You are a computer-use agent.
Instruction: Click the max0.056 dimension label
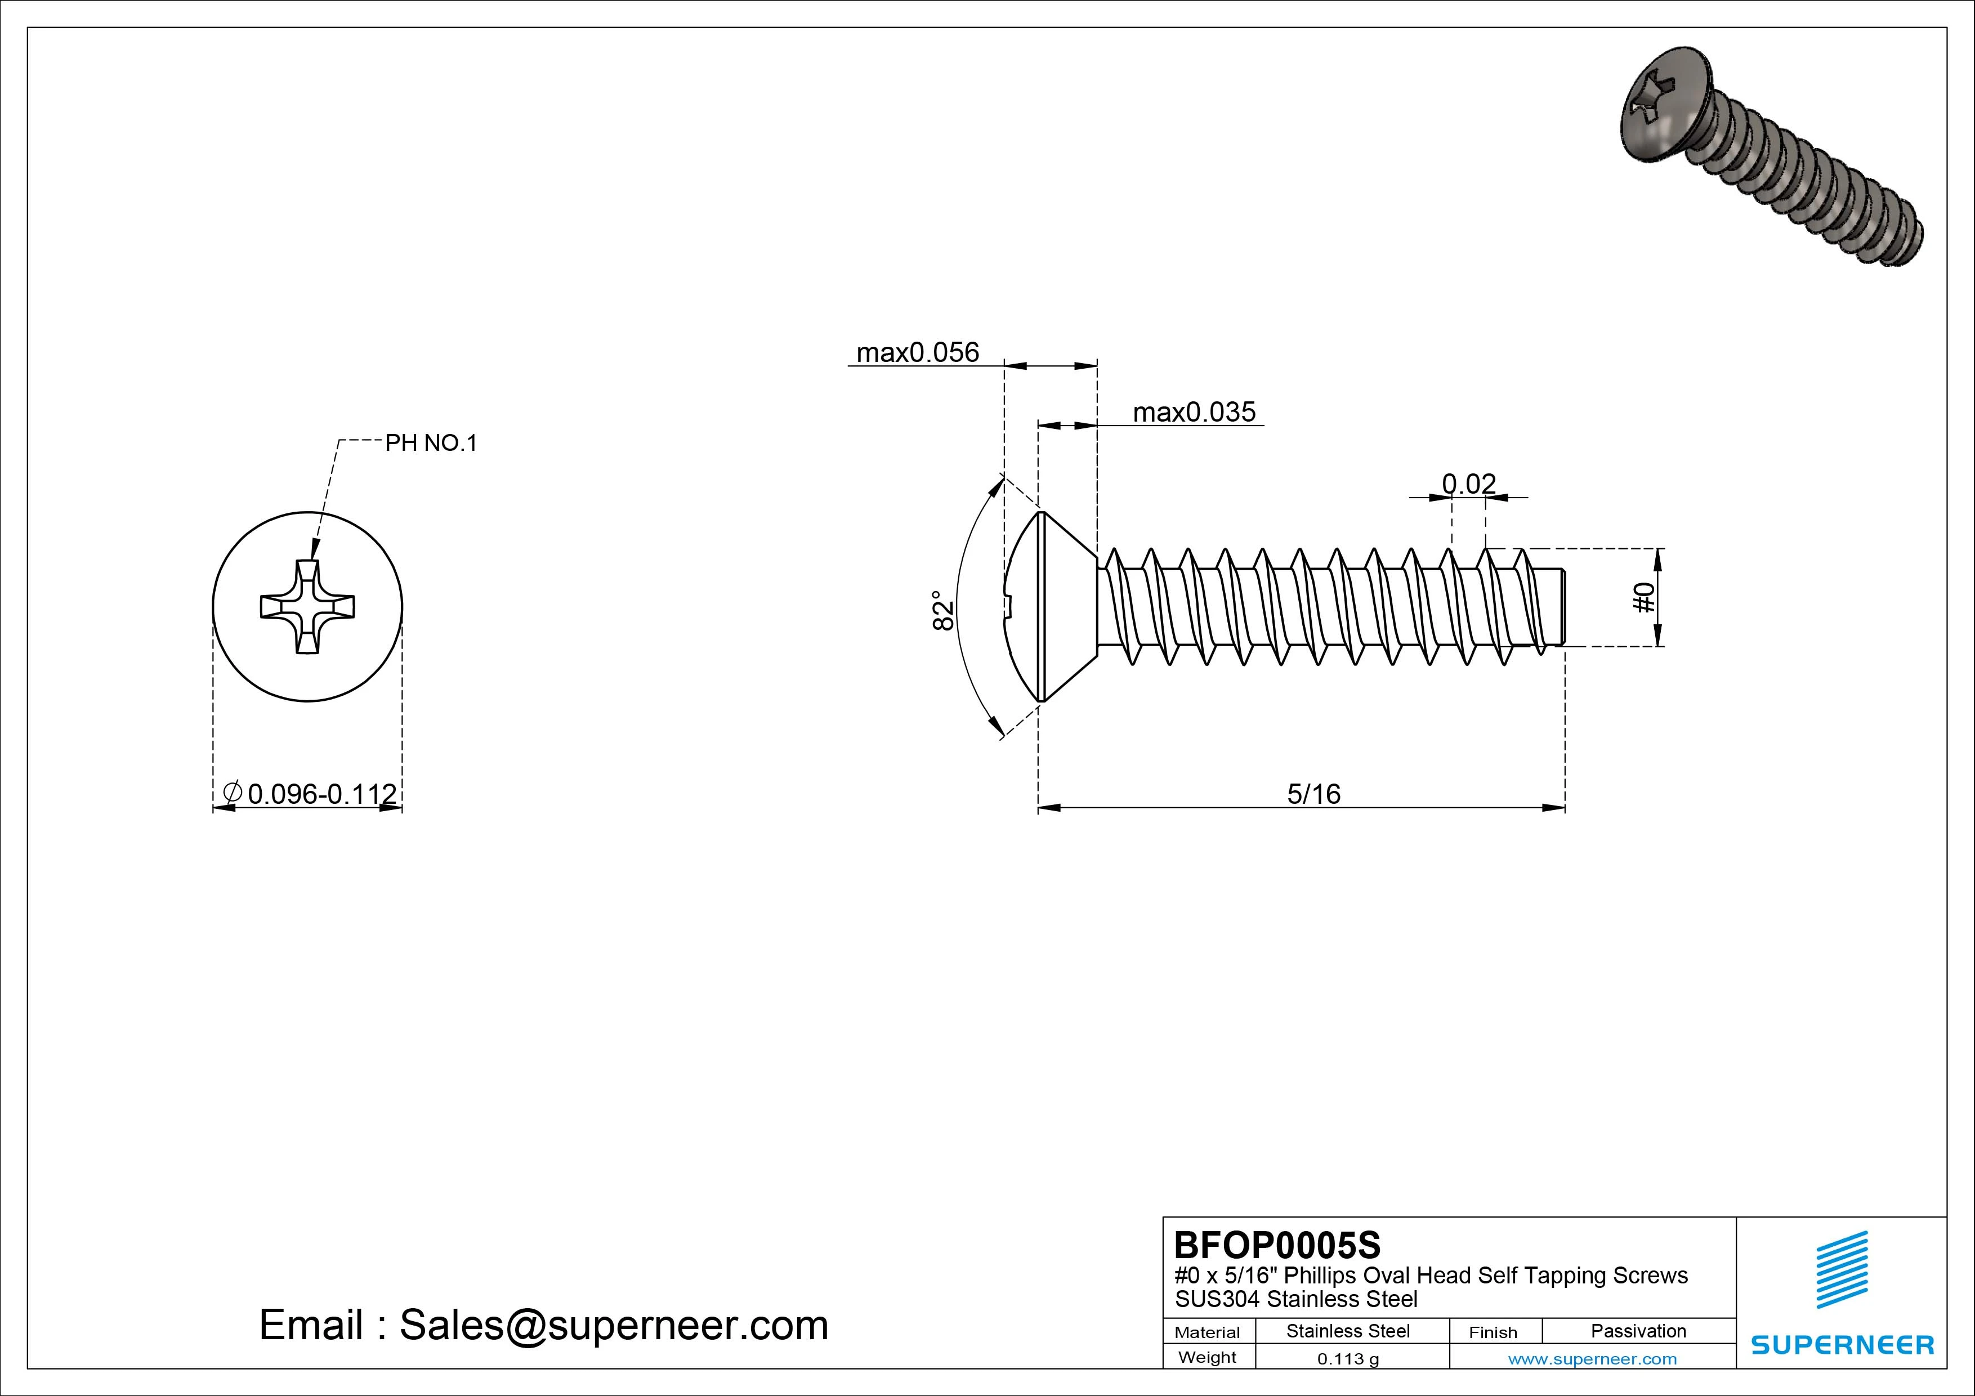[x=917, y=352]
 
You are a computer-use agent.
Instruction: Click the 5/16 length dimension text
[x=1313, y=793]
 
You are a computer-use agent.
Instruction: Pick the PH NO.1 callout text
[x=430, y=443]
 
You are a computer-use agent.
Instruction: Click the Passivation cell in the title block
[x=1638, y=1331]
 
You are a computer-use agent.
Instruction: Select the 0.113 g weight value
[x=1347, y=1359]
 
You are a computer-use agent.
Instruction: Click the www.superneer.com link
[x=1592, y=1359]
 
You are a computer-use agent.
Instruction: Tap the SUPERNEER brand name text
[x=1842, y=1344]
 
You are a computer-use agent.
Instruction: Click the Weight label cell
[x=1208, y=1357]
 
